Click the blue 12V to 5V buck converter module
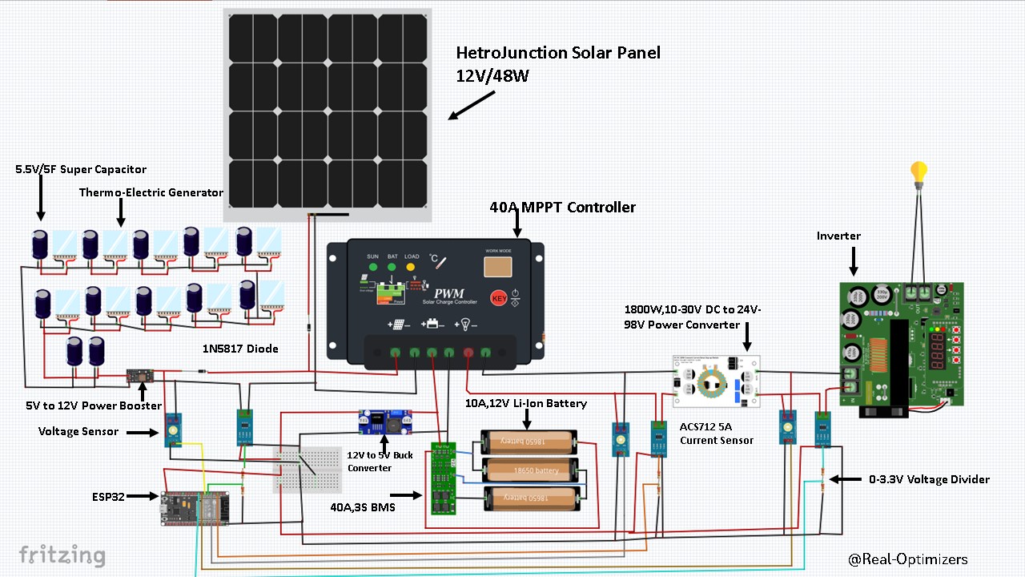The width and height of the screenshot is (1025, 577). point(386,421)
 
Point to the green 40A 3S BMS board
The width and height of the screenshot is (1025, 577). point(443,478)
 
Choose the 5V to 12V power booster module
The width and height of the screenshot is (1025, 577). point(142,376)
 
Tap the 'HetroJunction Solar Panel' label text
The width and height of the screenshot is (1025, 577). point(558,54)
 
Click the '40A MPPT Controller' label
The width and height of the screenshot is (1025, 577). point(562,208)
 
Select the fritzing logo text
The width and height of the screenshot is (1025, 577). point(62,555)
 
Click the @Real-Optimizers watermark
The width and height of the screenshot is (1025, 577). point(907,559)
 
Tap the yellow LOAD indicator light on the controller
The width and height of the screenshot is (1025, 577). point(411,267)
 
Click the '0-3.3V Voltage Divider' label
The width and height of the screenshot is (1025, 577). point(929,479)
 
